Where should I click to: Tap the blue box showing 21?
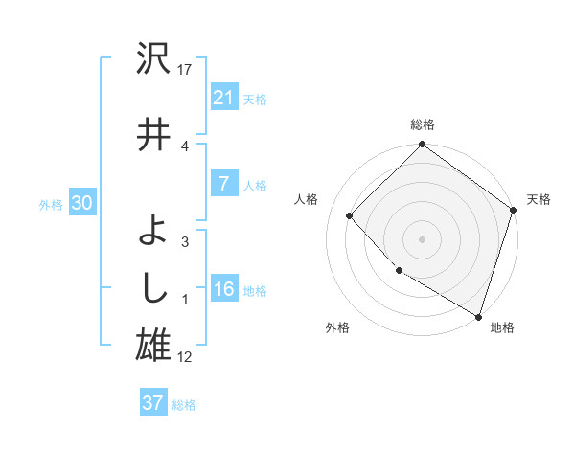(223, 97)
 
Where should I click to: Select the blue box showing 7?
(223, 184)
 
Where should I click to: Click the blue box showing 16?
(223, 289)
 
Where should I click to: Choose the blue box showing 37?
(152, 403)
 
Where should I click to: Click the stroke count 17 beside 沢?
(186, 69)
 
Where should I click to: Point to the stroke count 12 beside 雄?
(186, 357)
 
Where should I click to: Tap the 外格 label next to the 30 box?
(51, 204)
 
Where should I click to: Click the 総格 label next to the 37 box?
(184, 405)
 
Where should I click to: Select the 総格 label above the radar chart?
(422, 125)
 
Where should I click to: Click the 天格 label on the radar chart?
(539, 199)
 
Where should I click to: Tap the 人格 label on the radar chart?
(306, 199)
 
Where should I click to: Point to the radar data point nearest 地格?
(478, 315)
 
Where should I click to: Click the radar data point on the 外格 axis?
(399, 271)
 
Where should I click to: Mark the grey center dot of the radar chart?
(422, 238)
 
